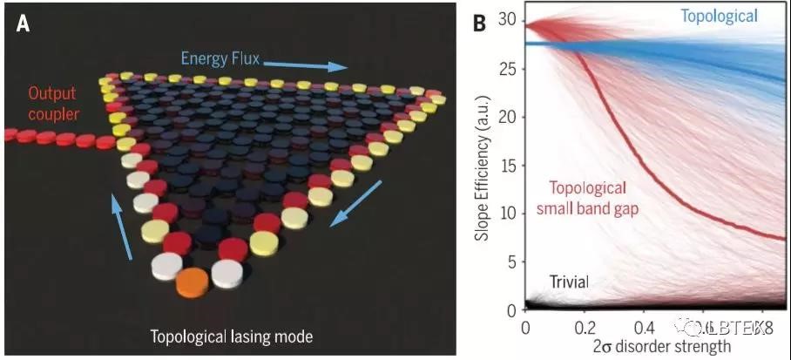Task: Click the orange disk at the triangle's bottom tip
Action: click(x=193, y=282)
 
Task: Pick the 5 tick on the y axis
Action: click(x=511, y=262)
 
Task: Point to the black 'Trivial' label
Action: click(x=569, y=281)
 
